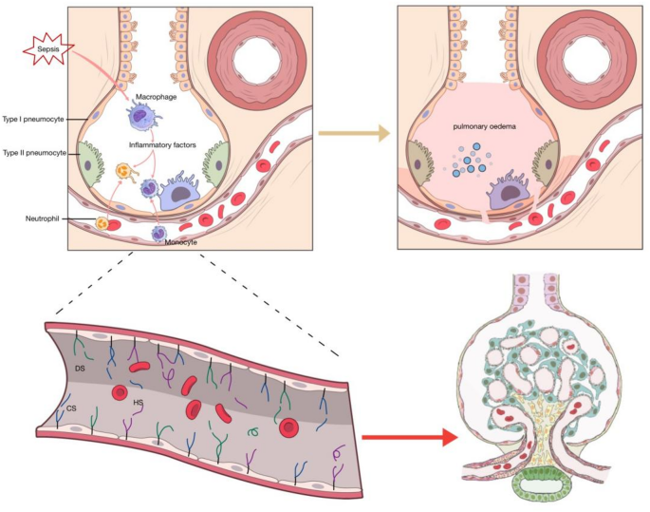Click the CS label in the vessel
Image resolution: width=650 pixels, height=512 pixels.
point(71,408)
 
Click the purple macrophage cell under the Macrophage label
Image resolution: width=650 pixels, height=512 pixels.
point(140,117)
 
